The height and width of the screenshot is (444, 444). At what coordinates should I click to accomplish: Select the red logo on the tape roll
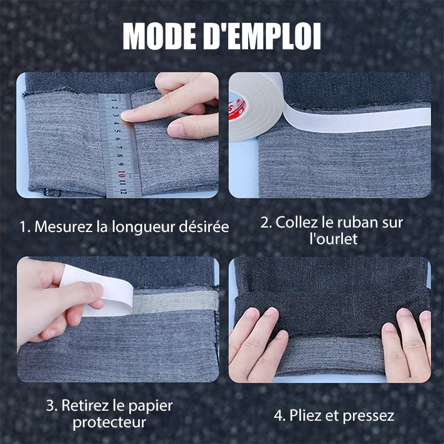237,106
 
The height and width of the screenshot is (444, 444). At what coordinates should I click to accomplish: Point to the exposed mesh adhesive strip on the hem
175,300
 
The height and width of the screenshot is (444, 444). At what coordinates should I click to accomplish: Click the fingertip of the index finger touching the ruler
127,114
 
